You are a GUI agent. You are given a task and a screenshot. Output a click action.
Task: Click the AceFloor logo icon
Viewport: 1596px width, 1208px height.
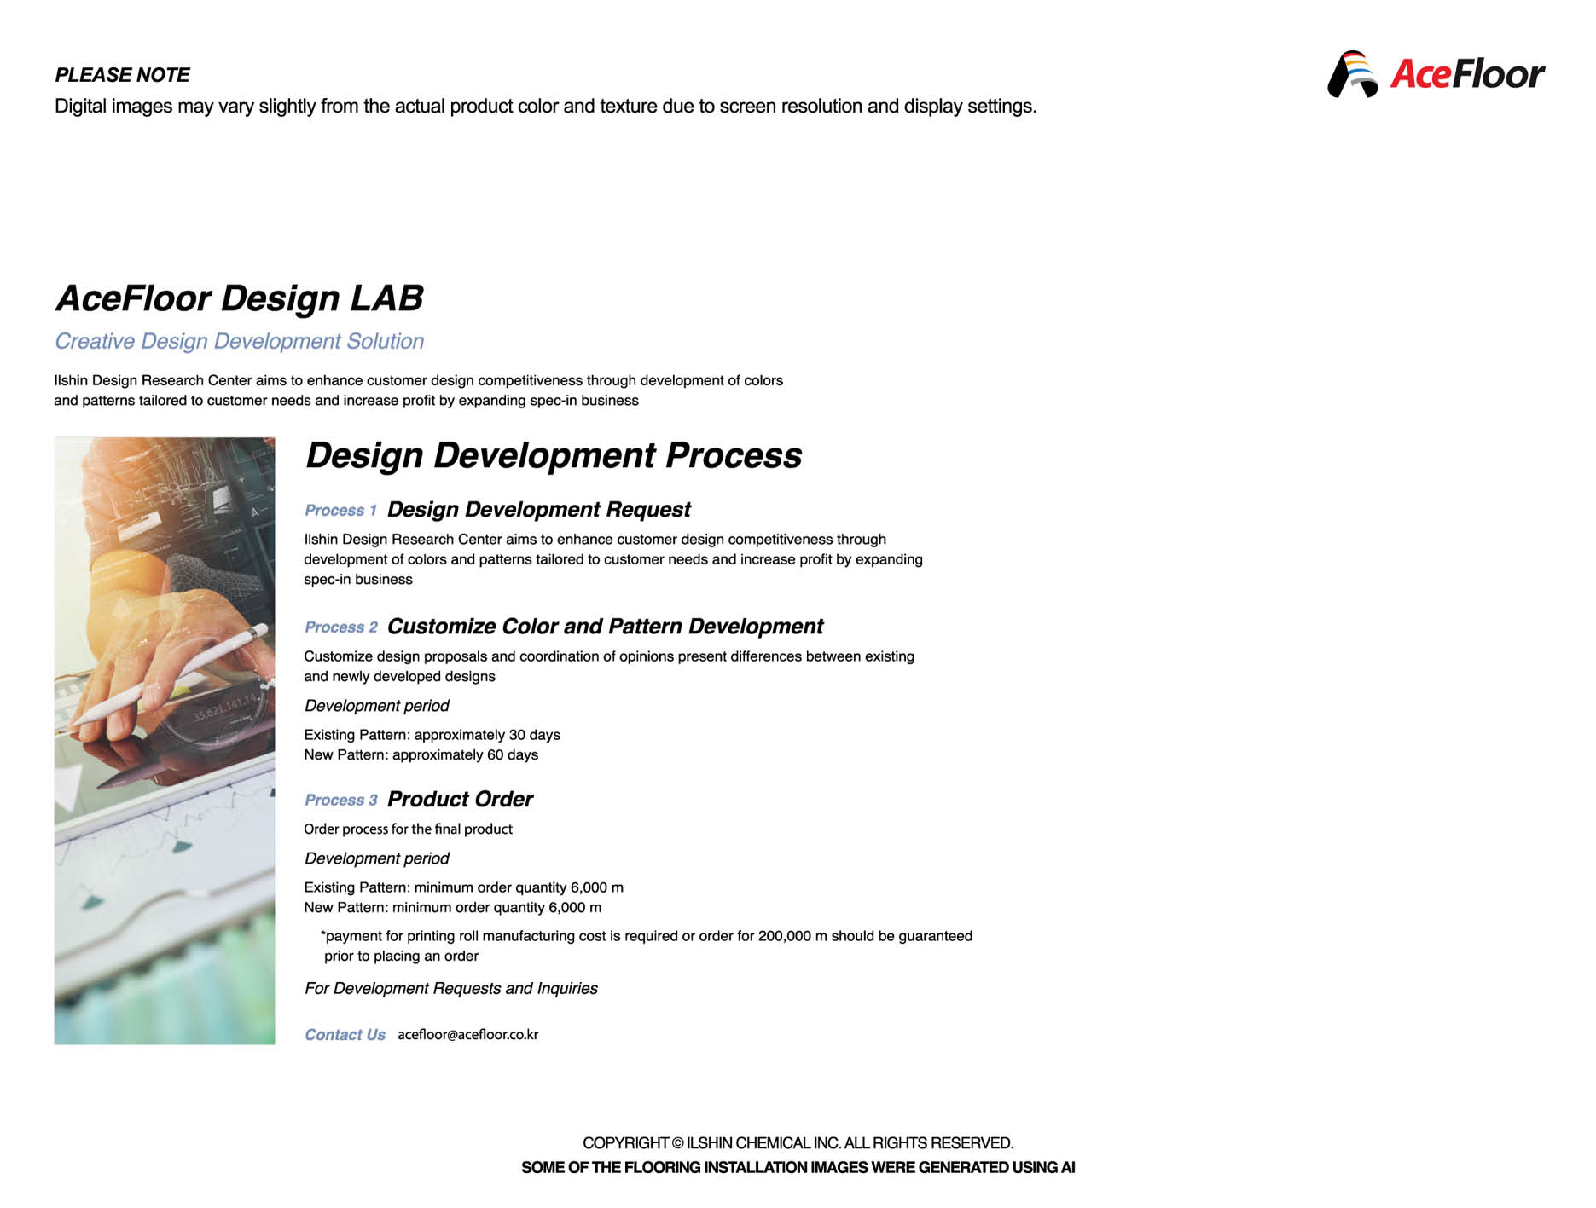pyautogui.click(x=1353, y=74)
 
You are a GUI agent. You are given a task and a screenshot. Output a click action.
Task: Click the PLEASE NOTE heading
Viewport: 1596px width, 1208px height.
pyautogui.click(x=122, y=75)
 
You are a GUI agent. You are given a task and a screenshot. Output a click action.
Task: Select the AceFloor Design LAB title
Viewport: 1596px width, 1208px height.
pyautogui.click(x=240, y=298)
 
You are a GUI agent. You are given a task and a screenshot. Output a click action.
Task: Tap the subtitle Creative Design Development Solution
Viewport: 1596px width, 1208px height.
pyautogui.click(x=239, y=341)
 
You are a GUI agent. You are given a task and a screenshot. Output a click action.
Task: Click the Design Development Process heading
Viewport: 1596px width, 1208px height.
pyautogui.click(x=554, y=455)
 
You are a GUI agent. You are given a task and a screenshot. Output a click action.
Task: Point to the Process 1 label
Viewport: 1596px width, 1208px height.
pyautogui.click(x=340, y=511)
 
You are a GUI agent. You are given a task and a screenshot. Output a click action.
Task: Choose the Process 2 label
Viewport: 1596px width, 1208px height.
pyautogui.click(x=341, y=627)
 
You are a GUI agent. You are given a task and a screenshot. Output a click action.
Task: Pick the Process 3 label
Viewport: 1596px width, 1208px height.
pyautogui.click(x=341, y=801)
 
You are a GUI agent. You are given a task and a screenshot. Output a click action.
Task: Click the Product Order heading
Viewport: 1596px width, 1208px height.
pyautogui.click(x=460, y=800)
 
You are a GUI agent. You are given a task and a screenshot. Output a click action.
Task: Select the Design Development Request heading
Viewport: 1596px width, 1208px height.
pyautogui.click(x=538, y=510)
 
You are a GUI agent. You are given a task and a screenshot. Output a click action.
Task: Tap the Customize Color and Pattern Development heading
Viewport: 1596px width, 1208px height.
pyautogui.click(x=605, y=627)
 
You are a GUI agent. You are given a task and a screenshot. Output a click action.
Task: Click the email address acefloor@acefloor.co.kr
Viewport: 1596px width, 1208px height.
pyautogui.click(x=467, y=1035)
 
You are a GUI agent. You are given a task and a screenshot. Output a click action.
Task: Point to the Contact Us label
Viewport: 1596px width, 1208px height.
pyautogui.click(x=345, y=1035)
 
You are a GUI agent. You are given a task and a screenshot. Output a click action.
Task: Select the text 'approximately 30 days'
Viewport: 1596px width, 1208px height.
pyautogui.click(x=487, y=735)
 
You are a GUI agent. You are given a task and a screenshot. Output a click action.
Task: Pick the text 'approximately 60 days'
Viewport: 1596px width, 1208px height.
pyautogui.click(x=465, y=755)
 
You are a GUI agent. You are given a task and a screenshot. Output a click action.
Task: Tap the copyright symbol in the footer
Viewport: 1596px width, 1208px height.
pyautogui.click(x=677, y=1143)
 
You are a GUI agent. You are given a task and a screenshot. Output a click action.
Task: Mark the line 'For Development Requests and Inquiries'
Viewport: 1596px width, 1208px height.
pyautogui.click(x=451, y=989)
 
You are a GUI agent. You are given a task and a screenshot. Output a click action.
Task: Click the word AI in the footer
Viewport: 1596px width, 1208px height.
pyautogui.click(x=1067, y=1168)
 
